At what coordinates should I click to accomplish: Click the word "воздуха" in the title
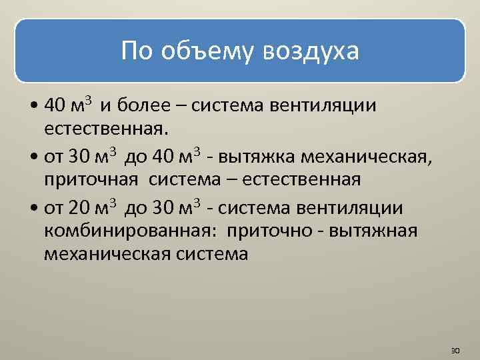(x=312, y=51)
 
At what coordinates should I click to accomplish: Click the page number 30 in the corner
(x=456, y=350)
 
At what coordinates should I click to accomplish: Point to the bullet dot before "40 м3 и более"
(x=33, y=107)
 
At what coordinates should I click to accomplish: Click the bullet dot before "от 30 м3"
(x=33, y=157)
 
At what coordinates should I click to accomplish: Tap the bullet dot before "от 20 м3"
(x=33, y=209)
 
